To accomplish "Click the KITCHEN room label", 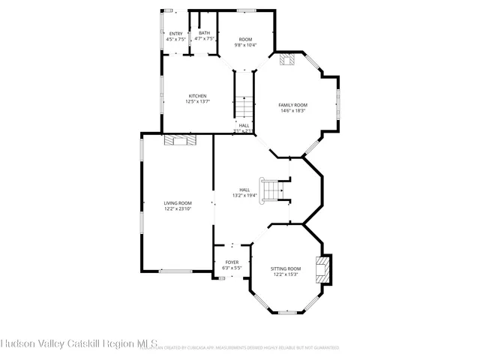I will click(x=198, y=95).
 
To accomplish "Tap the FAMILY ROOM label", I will click(x=292, y=105).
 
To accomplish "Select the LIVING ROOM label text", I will click(x=178, y=202).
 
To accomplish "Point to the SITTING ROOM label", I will click(x=285, y=268).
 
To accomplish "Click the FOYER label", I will click(x=232, y=262).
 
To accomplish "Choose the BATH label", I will click(x=204, y=32).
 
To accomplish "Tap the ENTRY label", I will click(x=175, y=34).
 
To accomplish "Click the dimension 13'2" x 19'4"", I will click(x=244, y=195).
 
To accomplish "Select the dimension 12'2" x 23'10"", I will click(x=178, y=208).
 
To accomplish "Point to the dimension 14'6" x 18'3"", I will click(x=292, y=111).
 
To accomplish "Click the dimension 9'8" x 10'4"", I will click(x=245, y=45).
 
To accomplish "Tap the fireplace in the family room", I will click(x=286, y=60).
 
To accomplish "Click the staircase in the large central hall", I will click(x=273, y=189).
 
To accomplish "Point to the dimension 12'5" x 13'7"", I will click(x=198, y=101).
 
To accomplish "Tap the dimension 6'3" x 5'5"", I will click(x=232, y=268).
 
